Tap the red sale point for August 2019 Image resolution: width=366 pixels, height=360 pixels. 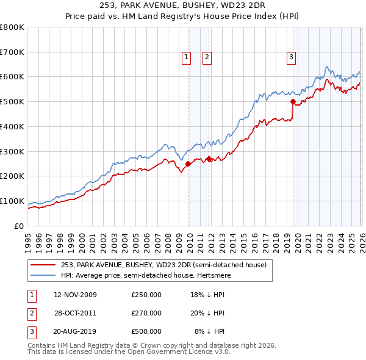coord(293,102)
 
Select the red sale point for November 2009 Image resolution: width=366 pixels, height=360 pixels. coord(188,164)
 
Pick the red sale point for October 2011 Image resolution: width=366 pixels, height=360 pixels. coord(209,159)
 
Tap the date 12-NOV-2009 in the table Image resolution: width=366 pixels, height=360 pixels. coord(75,295)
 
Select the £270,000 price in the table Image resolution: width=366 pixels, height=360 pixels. coord(146,313)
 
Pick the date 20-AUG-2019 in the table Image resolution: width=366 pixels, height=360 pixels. coord(75,331)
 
